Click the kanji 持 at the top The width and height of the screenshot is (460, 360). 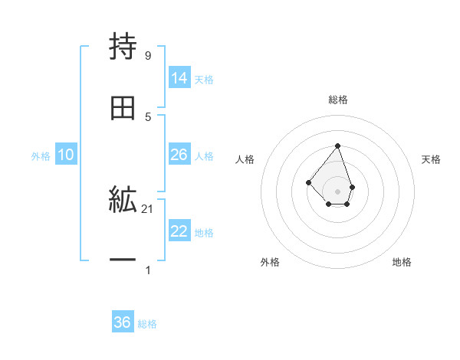tap(123, 47)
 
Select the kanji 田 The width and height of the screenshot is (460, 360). tap(123, 110)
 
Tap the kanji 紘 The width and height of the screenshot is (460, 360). tap(123, 201)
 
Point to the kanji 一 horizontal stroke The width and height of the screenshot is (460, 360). tap(123, 261)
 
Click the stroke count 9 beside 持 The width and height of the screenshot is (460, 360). tap(147, 56)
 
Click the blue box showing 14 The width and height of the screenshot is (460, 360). tap(179, 78)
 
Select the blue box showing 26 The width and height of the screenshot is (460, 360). tap(179, 155)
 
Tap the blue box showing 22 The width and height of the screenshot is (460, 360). tap(179, 231)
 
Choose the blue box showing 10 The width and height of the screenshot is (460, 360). tap(66, 155)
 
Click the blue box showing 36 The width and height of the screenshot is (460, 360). tap(123, 322)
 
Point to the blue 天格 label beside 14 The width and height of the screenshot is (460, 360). tap(204, 79)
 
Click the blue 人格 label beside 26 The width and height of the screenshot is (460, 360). tap(204, 155)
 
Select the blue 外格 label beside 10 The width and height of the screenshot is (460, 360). tap(41, 155)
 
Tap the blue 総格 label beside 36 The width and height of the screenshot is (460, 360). tap(147, 324)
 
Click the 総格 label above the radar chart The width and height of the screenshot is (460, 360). tap(338, 100)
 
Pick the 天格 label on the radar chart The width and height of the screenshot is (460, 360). tap(432, 159)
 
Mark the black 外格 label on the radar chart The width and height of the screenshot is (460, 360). tap(270, 262)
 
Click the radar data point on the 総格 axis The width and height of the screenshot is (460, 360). tap(337, 146)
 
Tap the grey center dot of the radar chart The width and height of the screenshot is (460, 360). tap(337, 191)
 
